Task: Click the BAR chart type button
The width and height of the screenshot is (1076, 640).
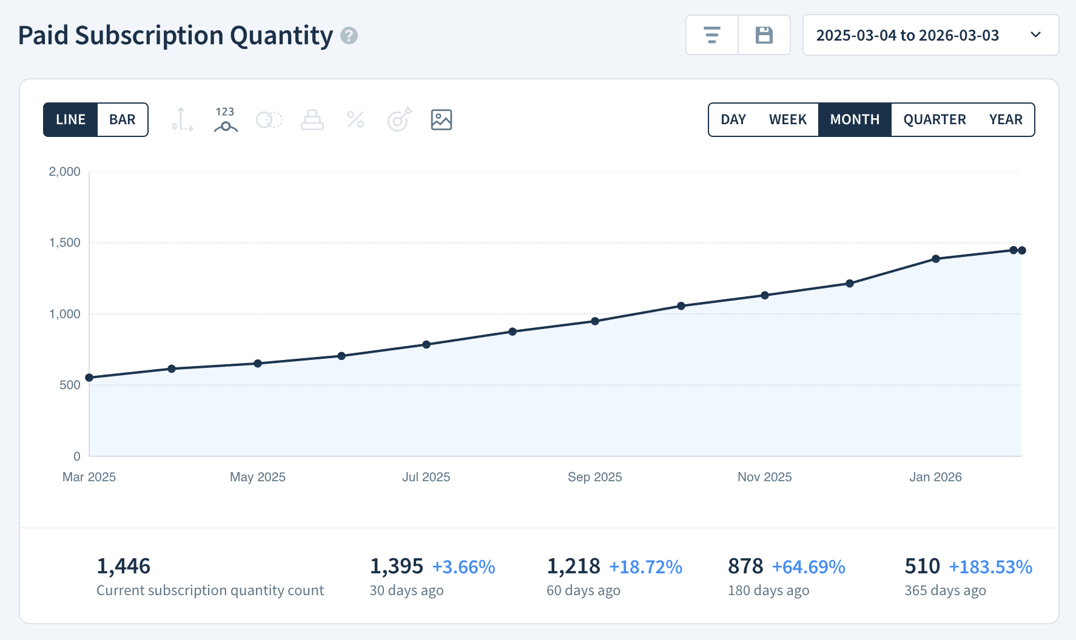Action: [122, 120]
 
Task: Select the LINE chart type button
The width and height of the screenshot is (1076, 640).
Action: [70, 120]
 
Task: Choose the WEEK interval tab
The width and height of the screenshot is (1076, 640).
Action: [787, 120]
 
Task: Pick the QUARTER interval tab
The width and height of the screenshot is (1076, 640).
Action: [934, 120]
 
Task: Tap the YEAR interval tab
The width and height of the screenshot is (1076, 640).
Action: [1005, 120]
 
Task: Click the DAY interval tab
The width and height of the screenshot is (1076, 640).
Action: [733, 120]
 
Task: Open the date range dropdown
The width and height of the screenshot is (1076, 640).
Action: [930, 35]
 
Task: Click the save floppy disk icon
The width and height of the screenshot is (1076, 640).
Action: [764, 35]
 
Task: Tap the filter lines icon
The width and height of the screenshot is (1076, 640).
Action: [712, 35]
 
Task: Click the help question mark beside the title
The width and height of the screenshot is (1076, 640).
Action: [349, 36]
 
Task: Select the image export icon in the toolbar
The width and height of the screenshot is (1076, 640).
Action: [442, 120]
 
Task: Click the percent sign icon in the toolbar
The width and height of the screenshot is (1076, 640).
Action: [355, 120]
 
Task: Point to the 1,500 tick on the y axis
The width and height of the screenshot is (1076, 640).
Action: [65, 243]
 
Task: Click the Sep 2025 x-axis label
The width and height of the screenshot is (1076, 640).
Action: [594, 477]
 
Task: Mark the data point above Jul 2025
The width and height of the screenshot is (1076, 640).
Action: [426, 345]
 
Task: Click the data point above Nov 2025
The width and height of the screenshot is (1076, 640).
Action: [765, 295]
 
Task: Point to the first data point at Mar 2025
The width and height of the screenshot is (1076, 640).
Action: [89, 378]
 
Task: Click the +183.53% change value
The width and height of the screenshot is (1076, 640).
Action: [990, 567]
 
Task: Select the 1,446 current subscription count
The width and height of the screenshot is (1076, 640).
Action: [124, 566]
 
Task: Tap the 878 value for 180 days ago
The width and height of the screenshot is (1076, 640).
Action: [745, 566]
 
